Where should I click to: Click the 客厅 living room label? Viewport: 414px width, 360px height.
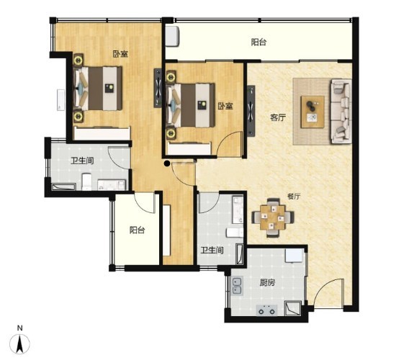[278, 117]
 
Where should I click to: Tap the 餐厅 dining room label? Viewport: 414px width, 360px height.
[294, 197]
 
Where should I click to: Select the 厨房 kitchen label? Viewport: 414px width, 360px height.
[267, 283]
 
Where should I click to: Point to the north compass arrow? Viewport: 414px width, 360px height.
[20, 343]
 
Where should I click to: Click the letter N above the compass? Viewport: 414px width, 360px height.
[20, 328]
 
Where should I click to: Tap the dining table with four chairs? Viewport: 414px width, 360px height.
[273, 217]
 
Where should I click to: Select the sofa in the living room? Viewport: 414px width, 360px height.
[341, 111]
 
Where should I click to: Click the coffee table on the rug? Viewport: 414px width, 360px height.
[313, 112]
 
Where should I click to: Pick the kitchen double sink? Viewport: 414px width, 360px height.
[237, 286]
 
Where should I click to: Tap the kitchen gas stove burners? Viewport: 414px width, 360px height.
[266, 310]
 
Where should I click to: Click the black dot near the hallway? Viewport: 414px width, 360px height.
[167, 163]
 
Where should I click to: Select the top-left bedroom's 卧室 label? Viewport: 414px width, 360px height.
[120, 54]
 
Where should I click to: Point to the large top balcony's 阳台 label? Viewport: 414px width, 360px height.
[258, 42]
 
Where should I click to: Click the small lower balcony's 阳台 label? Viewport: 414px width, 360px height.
[137, 230]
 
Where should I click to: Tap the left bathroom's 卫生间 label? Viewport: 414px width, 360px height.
[82, 161]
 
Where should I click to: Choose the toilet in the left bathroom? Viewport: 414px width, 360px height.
[86, 181]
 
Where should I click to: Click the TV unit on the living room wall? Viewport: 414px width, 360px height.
[251, 111]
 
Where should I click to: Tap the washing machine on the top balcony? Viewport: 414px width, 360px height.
[172, 36]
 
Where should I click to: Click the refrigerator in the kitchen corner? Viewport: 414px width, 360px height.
[294, 256]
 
